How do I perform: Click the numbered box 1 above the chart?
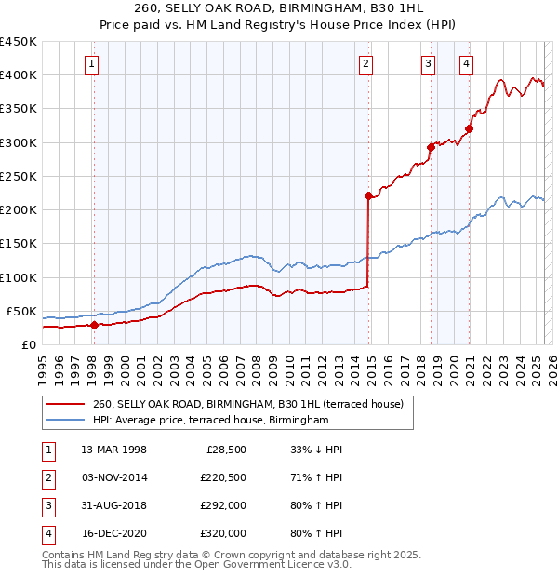pyautogui.click(x=93, y=64)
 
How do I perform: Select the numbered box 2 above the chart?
pyautogui.click(x=366, y=64)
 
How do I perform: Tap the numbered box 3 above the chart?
pyautogui.click(x=428, y=64)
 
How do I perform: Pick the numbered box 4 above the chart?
pyautogui.click(x=465, y=64)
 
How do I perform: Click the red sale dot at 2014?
pyautogui.click(x=368, y=195)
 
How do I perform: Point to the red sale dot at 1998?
pyautogui.click(x=94, y=325)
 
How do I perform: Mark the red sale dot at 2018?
pyautogui.click(x=432, y=147)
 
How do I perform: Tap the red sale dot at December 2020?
pyautogui.click(x=470, y=128)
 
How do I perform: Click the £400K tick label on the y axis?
pyautogui.click(x=19, y=75)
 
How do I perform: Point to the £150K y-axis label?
pyautogui.click(x=19, y=244)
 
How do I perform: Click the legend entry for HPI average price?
pyautogui.click(x=211, y=421)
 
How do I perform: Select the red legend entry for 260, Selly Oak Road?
pyautogui.click(x=247, y=405)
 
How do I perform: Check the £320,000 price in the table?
pyautogui.click(x=222, y=533)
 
